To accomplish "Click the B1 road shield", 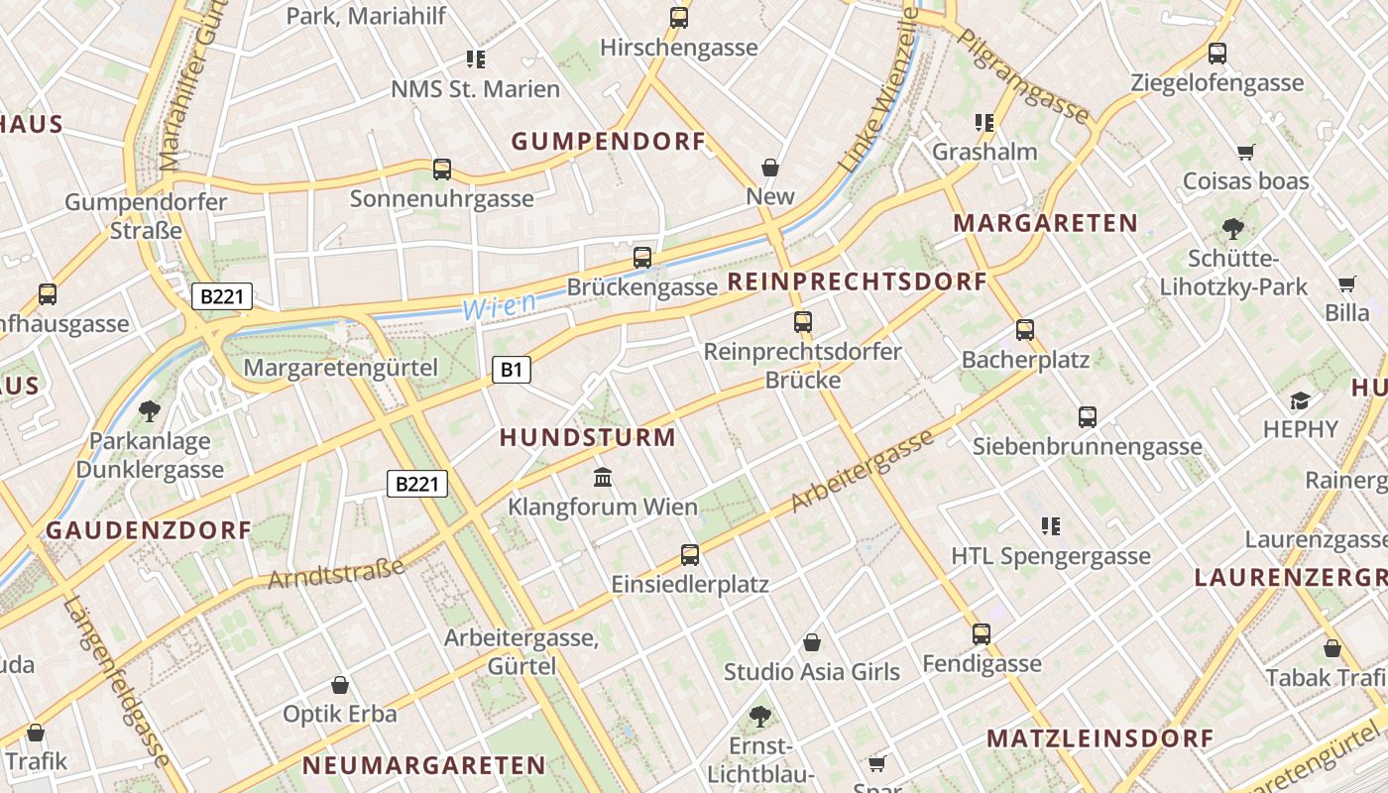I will (511, 371).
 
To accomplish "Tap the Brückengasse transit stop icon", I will (642, 258).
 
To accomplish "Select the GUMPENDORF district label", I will (609, 142).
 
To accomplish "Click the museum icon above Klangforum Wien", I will (603, 478).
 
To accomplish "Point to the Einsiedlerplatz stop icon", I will (690, 555).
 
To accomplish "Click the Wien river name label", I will (500, 306).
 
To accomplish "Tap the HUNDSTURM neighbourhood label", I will (587, 437).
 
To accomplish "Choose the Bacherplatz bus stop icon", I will (1025, 330).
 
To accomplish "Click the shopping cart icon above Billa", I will (1346, 284).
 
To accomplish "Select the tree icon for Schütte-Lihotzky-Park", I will (1233, 229).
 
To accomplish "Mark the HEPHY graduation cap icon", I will (1300, 400).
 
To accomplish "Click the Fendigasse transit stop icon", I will (982, 634).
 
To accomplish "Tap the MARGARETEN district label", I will (1045, 223).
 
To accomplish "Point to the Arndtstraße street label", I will (337, 573).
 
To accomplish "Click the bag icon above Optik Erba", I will (340, 685).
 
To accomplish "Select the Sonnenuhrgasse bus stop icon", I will (442, 170).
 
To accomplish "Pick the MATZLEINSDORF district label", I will (1099, 738).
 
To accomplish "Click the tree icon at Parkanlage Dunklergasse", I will (150, 410).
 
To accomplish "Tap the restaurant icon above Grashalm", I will (983, 123).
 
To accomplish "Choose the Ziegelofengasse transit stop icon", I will (1217, 54).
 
